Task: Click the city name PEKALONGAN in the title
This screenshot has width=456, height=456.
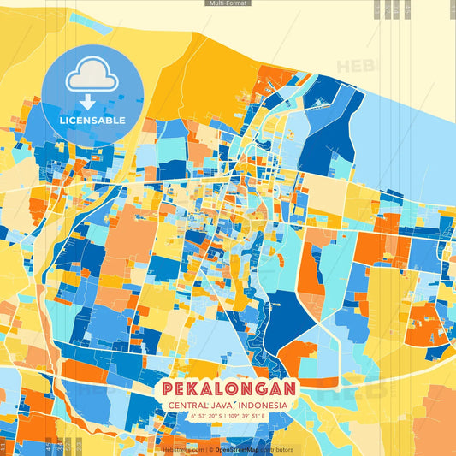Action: click(x=228, y=388)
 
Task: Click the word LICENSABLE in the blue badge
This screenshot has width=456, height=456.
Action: click(x=92, y=121)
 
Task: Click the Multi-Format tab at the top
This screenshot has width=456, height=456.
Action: click(x=228, y=3)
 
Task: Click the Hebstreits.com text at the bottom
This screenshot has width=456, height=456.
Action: click(x=183, y=449)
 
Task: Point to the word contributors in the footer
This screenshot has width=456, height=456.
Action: click(x=278, y=449)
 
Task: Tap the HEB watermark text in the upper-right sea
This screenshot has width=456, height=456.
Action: click(x=353, y=66)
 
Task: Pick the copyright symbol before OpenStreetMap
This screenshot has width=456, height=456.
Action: click(x=211, y=449)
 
